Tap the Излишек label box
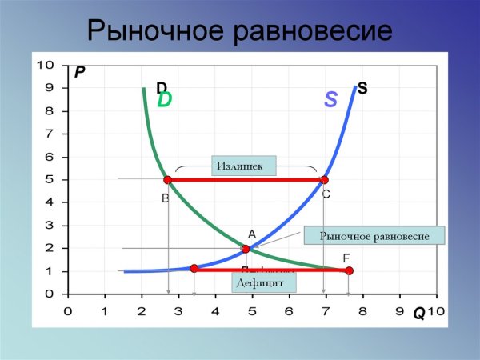243,166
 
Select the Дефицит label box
265,282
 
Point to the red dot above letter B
167,179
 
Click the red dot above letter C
324,179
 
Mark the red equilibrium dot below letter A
246,249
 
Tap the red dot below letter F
349,271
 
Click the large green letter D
165,100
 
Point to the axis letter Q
418,314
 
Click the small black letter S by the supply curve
362,88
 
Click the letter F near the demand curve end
346,258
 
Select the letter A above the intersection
250,234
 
